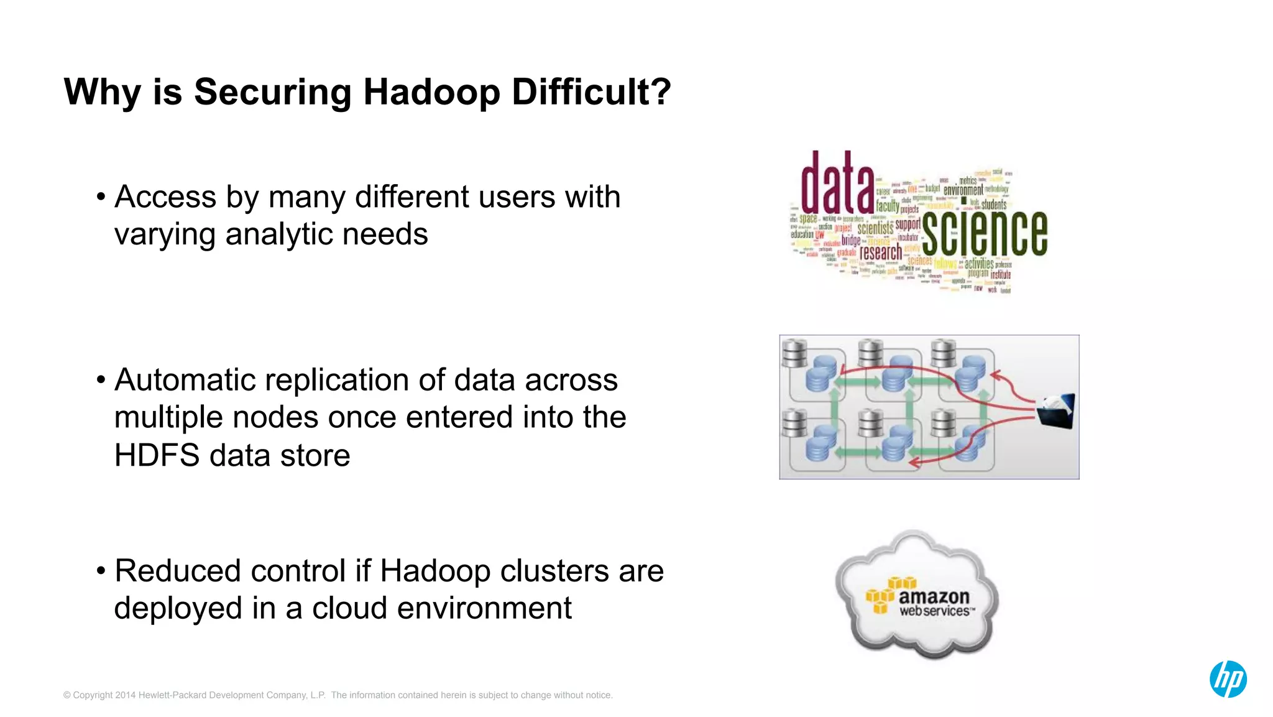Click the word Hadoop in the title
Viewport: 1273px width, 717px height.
point(431,93)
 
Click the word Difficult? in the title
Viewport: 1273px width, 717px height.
point(591,93)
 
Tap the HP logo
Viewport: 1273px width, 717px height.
point(1228,679)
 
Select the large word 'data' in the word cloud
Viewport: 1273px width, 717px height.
point(837,183)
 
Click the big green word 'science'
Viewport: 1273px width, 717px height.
point(985,233)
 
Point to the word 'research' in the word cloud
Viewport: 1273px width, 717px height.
point(880,252)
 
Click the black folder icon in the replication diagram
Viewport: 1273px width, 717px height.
point(1056,411)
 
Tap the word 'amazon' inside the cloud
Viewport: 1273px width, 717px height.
point(934,597)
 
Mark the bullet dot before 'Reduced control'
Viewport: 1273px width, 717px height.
point(101,571)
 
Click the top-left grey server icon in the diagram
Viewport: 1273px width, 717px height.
point(794,353)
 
